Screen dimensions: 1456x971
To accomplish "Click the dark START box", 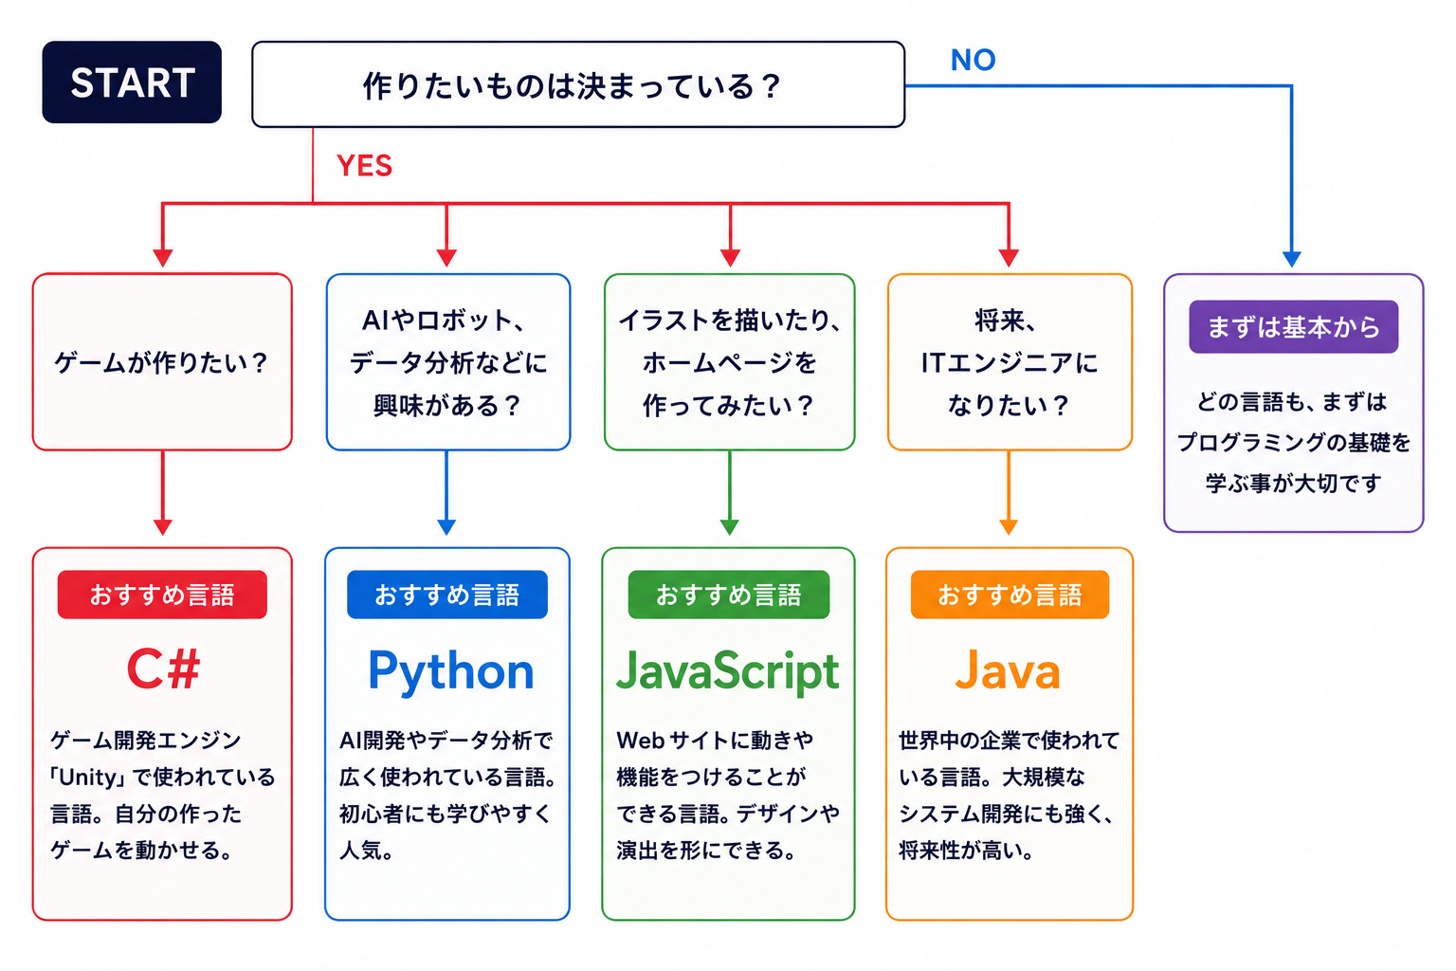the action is (x=132, y=82).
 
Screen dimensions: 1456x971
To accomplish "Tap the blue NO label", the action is (x=974, y=60).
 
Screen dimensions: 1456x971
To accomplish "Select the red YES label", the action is (x=365, y=165).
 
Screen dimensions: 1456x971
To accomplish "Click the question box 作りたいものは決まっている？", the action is (x=578, y=84).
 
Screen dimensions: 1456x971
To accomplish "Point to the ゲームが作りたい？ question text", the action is (x=161, y=362).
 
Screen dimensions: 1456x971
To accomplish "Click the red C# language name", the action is (x=163, y=669).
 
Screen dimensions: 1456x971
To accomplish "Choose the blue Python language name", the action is (x=450, y=672).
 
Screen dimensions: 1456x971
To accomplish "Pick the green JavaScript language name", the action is (x=728, y=672).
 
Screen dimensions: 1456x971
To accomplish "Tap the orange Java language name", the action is (x=1009, y=669).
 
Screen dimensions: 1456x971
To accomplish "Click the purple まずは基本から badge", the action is (x=1294, y=326).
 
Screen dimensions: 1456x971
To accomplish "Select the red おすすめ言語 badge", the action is (x=162, y=595).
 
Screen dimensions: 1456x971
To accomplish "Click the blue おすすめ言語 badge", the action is (x=447, y=595).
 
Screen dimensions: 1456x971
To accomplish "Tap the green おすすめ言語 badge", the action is (x=729, y=595).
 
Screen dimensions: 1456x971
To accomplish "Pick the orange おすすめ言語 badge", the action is (x=1010, y=595).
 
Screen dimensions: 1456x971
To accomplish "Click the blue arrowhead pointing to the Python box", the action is (x=446, y=527).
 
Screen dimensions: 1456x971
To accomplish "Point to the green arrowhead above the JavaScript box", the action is (x=729, y=527).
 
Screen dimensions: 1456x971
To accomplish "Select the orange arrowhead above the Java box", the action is (x=1009, y=527).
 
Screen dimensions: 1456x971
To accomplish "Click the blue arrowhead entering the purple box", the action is (x=1292, y=259).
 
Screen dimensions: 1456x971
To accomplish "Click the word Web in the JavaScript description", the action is (x=640, y=741).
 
